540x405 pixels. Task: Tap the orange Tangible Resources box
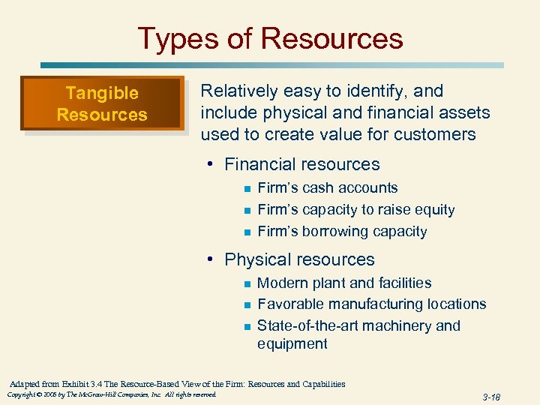click(x=102, y=104)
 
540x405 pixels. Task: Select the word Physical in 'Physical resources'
click(x=257, y=259)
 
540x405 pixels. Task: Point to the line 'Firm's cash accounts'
click(x=327, y=188)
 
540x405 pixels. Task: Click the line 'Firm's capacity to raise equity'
click(x=355, y=210)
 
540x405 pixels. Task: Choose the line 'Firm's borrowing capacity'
click(x=342, y=231)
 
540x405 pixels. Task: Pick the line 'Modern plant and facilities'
click(x=344, y=283)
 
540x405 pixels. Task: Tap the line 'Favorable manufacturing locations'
click(x=371, y=304)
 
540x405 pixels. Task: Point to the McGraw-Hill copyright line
click(x=111, y=394)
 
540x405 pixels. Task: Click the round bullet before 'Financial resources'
click(x=213, y=164)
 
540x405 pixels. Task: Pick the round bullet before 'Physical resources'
click(x=213, y=259)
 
